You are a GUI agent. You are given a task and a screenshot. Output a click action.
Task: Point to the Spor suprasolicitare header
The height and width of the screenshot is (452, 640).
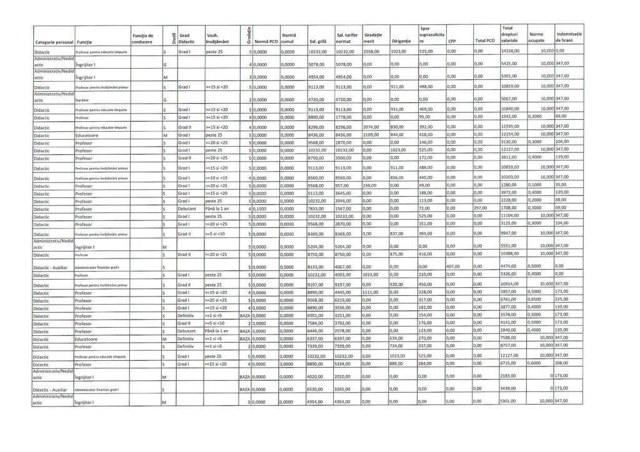[x=431, y=35]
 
